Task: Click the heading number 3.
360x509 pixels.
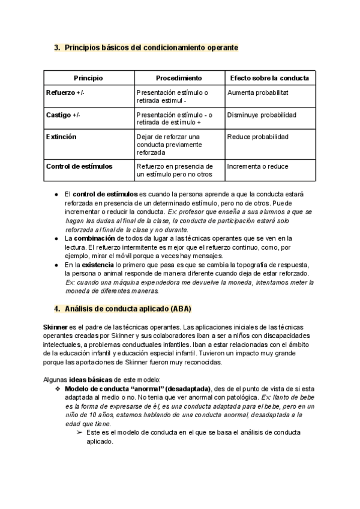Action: pyautogui.click(x=56, y=47)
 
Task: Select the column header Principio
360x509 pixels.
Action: pyautogui.click(x=88, y=79)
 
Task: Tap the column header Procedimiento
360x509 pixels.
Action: pyautogui.click(x=179, y=79)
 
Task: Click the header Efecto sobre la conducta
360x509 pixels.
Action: pyautogui.click(x=269, y=79)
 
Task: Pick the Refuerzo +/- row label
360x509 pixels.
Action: pyautogui.click(x=65, y=93)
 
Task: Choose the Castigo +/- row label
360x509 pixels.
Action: pyautogui.click(x=63, y=115)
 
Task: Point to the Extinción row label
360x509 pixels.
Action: pyautogui.click(x=61, y=137)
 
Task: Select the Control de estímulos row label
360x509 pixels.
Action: pyautogui.click(x=79, y=166)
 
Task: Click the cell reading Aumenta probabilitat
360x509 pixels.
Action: pyautogui.click(x=258, y=93)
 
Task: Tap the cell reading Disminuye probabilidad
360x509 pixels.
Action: pyautogui.click(x=261, y=115)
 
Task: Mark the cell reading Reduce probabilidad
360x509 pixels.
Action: pyautogui.click(x=257, y=137)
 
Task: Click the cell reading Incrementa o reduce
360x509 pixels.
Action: pyautogui.click(x=259, y=166)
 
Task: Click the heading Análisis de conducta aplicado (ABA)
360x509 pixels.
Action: pyautogui.click(x=127, y=309)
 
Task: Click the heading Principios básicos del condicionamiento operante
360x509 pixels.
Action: pyautogui.click(x=151, y=47)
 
